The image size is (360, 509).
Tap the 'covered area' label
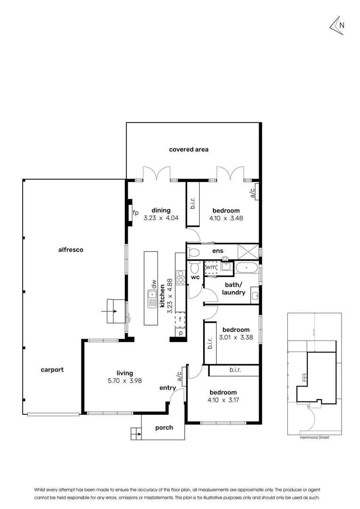[x=188, y=149]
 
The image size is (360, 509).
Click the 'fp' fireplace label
[x=136, y=213]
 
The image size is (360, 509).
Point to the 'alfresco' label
[x=71, y=250]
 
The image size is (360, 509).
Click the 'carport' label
[x=52, y=369]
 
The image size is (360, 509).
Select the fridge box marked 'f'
[x=180, y=320]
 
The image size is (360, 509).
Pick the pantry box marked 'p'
[x=180, y=333]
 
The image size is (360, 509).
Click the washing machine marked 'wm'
[x=211, y=267]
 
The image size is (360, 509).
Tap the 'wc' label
[x=195, y=278]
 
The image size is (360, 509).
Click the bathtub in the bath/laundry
[x=246, y=268]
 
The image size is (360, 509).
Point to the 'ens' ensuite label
[x=218, y=251]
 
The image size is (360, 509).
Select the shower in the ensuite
[x=248, y=251]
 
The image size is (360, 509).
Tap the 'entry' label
[x=167, y=388]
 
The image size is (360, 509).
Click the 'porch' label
[x=164, y=427]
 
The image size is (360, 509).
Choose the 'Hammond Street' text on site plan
[x=314, y=437]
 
